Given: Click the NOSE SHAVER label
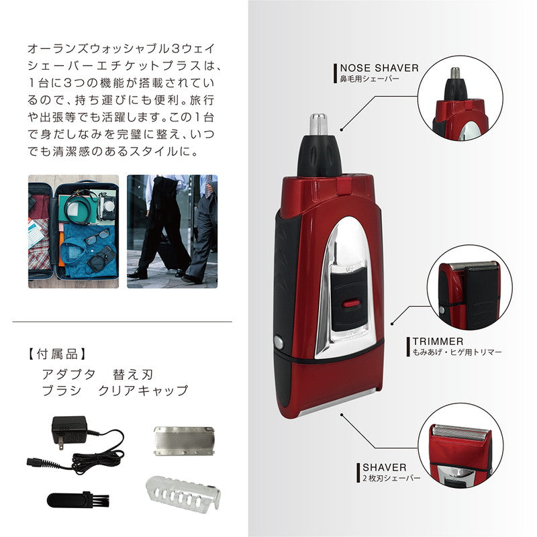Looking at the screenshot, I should pyautogui.click(x=379, y=68).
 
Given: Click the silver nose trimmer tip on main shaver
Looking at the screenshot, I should pyautogui.click(x=317, y=124).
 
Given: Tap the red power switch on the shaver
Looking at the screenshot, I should pyautogui.click(x=348, y=303).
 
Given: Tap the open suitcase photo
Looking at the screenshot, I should pyautogui.click(x=73, y=232).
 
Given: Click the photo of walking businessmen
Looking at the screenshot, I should pyautogui.click(x=173, y=232).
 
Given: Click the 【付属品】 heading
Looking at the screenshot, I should pyautogui.click(x=57, y=352).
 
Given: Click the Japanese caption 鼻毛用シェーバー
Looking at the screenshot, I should pyautogui.click(x=370, y=79).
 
